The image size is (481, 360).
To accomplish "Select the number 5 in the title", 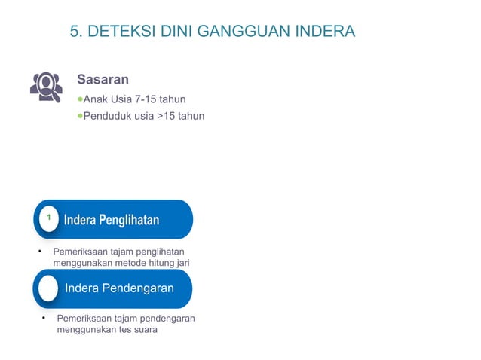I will [74, 32].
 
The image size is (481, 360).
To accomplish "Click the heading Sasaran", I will [103, 79].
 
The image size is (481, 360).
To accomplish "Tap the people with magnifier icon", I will [45, 86].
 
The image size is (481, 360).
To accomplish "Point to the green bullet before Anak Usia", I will [80, 99].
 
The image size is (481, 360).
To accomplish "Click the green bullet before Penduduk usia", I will [80, 117].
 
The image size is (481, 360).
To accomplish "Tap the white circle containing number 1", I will [49, 218].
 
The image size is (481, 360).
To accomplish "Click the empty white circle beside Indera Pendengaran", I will [49, 288].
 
